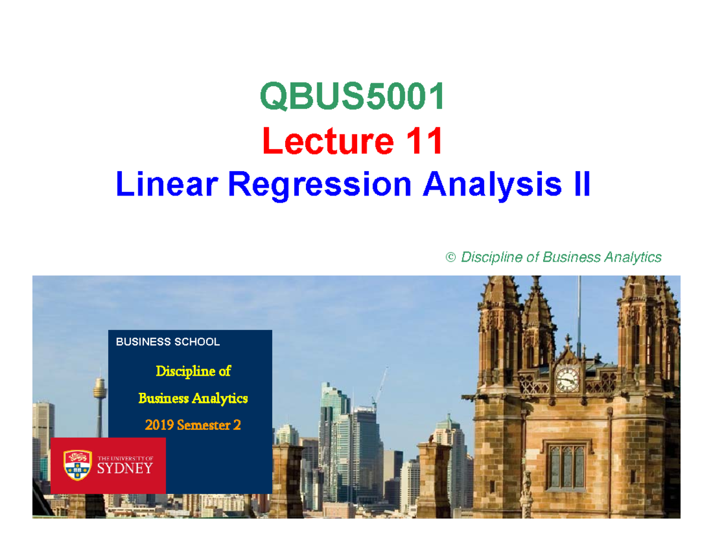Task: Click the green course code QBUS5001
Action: tap(353, 98)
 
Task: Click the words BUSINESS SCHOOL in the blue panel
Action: tap(168, 342)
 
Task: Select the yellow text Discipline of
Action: tap(193, 371)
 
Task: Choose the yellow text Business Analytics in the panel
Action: tap(193, 398)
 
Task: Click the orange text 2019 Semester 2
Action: tap(193, 425)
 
